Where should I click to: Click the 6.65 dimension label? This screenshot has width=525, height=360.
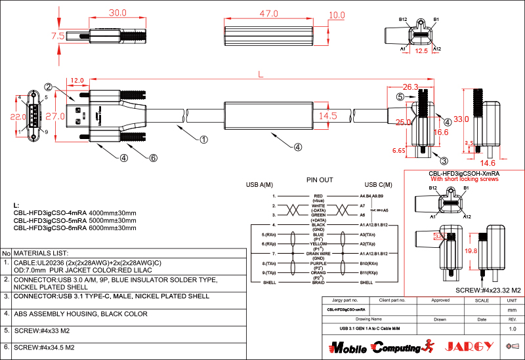[398, 150]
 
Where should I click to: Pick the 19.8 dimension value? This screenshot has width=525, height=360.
[471, 250]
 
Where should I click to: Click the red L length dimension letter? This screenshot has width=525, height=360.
[262, 75]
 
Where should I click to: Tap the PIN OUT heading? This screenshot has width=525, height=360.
[320, 179]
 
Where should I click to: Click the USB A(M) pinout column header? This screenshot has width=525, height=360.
[259, 185]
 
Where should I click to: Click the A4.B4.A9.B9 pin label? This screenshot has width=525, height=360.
[372, 196]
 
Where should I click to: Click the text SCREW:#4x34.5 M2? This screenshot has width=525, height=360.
[47, 347]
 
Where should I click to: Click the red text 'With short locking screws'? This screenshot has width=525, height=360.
[464, 179]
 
